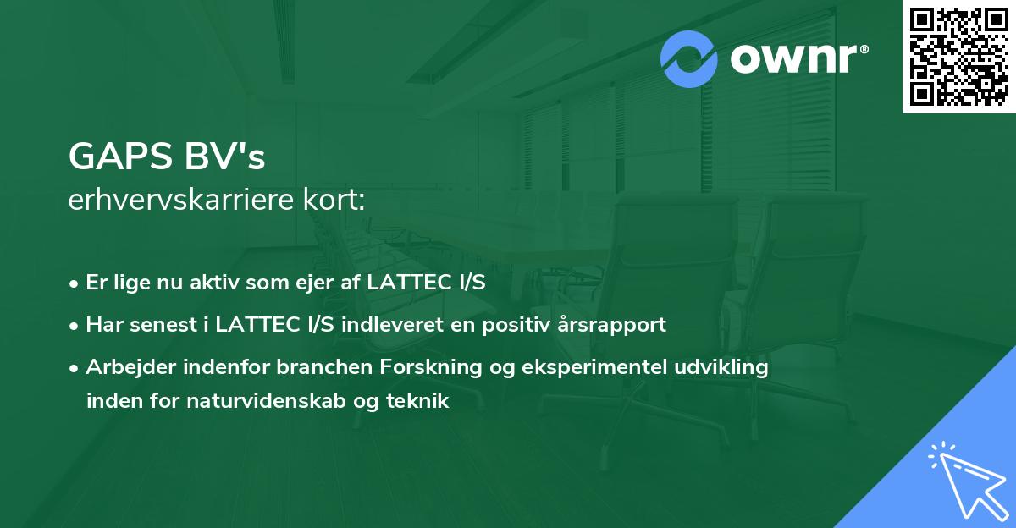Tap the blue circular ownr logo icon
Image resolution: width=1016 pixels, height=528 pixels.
click(x=689, y=59)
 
